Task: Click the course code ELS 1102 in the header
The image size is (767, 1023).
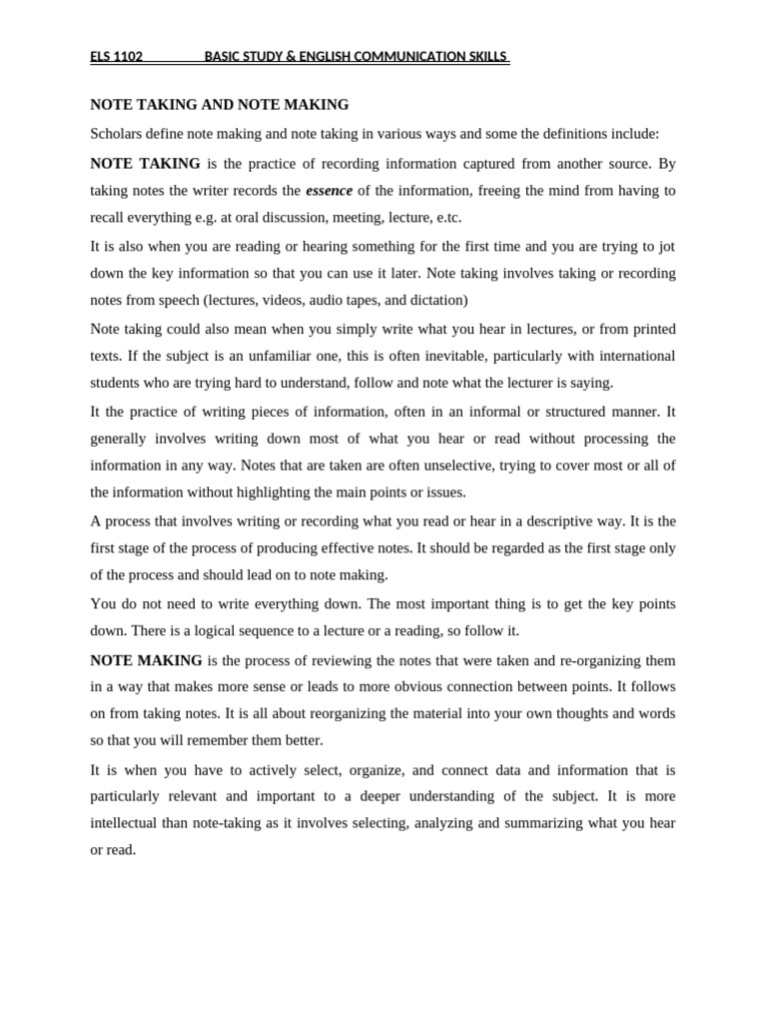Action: (116, 57)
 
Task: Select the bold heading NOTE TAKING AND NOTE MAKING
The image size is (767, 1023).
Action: (220, 104)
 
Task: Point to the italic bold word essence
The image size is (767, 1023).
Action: (329, 191)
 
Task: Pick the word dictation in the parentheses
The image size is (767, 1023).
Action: (436, 300)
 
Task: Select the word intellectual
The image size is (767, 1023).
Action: (127, 823)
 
